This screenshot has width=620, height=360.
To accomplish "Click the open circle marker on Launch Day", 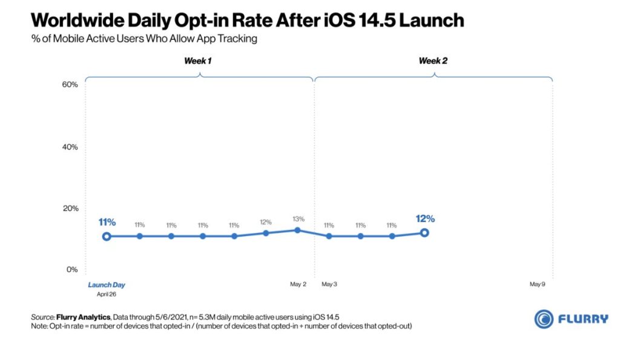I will pos(107,236).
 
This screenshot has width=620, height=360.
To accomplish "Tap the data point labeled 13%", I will pos(297,230).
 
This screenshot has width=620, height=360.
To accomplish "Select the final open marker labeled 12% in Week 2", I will pos(424,232).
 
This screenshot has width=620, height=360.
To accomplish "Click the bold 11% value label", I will pos(107,222).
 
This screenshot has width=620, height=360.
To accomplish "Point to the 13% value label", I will pos(297,219).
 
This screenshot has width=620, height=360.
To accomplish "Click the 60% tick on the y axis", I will pos(70,85).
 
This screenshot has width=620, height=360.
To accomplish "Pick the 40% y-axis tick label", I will pos(70,147).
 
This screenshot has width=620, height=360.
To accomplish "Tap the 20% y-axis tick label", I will pos(70,209).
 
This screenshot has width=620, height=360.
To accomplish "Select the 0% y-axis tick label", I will pos(72,269).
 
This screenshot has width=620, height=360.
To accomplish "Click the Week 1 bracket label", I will pos(198,61).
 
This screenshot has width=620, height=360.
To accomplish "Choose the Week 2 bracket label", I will pos(433,61).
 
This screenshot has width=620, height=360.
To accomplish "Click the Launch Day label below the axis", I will pos(107,284).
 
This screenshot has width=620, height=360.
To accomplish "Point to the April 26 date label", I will pos(107,295).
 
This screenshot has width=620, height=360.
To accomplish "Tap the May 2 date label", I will pos(298,284).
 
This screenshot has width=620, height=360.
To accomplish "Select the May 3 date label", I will pos(329,284).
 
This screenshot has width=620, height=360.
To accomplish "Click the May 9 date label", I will pos(538,284).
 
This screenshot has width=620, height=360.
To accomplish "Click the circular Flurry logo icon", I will pos(543,319).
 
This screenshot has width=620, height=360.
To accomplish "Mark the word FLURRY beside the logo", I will pos(582,319).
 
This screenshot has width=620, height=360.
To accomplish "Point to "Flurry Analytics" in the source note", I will pos(82,317).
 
